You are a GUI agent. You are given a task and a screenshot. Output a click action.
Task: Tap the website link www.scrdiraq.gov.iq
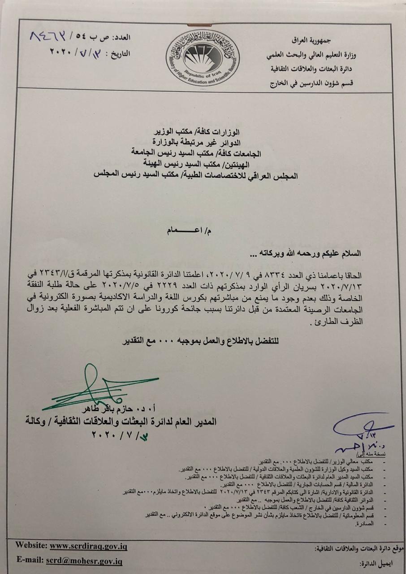(88, 546)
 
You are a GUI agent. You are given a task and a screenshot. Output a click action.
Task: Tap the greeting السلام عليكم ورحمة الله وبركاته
(310, 254)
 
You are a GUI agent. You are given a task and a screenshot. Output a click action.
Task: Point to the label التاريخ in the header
(119, 53)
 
